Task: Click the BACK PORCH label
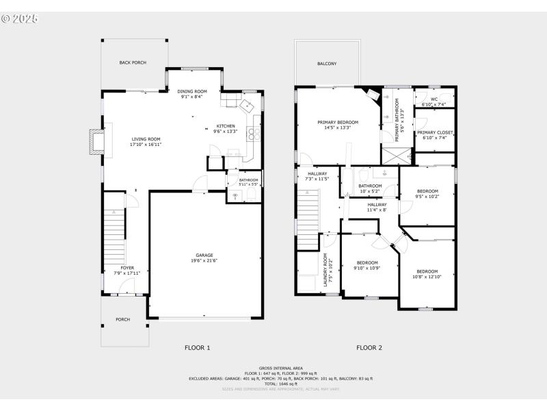(x=133, y=62)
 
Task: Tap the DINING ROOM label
(x=192, y=91)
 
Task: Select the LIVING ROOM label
(x=145, y=139)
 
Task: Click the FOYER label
(x=127, y=268)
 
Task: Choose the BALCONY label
(x=327, y=64)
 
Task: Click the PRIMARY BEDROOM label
(x=338, y=122)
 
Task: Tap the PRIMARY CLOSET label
(x=435, y=132)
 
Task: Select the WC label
(x=433, y=99)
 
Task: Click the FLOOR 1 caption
(x=198, y=347)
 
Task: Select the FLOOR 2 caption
(x=369, y=347)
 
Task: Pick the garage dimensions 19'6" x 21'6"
(x=204, y=260)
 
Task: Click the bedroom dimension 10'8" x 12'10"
(x=427, y=277)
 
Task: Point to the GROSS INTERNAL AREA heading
(x=280, y=368)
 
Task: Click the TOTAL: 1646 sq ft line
(x=280, y=384)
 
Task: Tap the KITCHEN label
(x=226, y=126)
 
